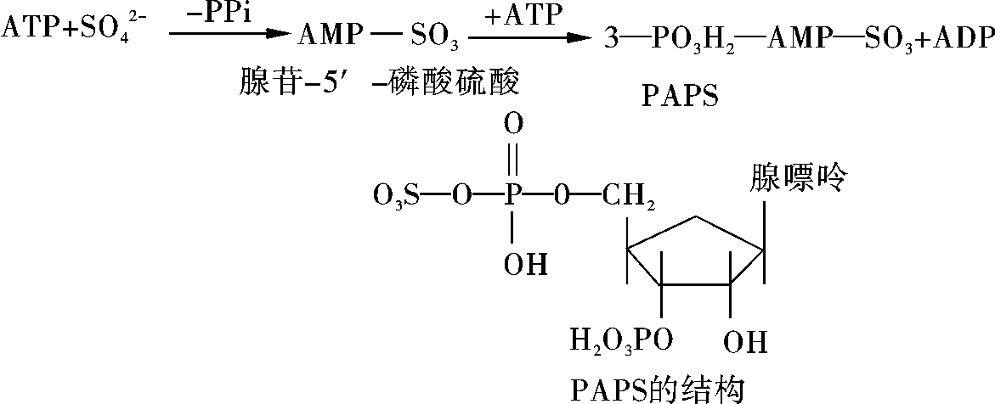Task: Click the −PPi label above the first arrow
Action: point(220,14)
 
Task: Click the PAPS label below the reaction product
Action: point(680,98)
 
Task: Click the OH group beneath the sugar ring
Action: point(744,343)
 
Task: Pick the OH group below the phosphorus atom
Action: point(526,265)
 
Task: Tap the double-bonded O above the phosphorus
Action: point(513,125)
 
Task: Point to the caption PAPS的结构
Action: point(655,389)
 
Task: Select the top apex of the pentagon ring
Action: point(696,217)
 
